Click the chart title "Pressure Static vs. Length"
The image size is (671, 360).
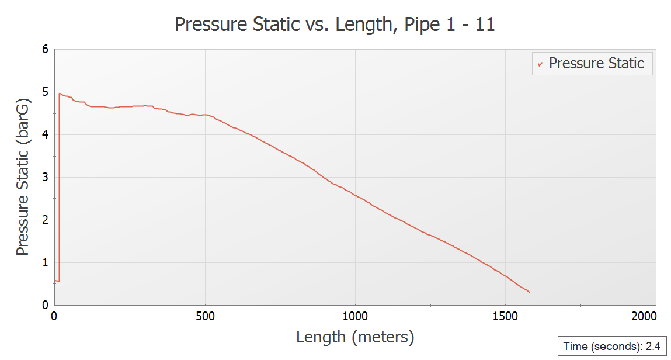tap(335, 25)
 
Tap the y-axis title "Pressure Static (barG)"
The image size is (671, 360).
tap(22, 177)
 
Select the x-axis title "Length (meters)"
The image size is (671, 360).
tap(355, 337)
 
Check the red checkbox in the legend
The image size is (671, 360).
tap(540, 64)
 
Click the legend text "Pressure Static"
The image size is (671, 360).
tap(596, 63)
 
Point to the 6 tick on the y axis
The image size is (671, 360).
tap(44, 50)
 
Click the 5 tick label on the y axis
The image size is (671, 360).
tap(44, 92)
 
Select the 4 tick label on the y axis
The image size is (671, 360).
tap(44, 135)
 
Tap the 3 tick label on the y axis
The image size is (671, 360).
tap(44, 178)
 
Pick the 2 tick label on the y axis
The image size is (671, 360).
tap(44, 220)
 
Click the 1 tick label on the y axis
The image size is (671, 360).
tap(44, 263)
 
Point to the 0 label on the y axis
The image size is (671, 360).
tap(44, 305)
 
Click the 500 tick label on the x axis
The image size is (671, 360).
tap(204, 316)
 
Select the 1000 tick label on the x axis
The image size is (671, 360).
tap(355, 316)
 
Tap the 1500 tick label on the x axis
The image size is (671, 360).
tap(505, 316)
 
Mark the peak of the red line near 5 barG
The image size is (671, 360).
tap(60, 93)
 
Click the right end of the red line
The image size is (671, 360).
tap(529, 292)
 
